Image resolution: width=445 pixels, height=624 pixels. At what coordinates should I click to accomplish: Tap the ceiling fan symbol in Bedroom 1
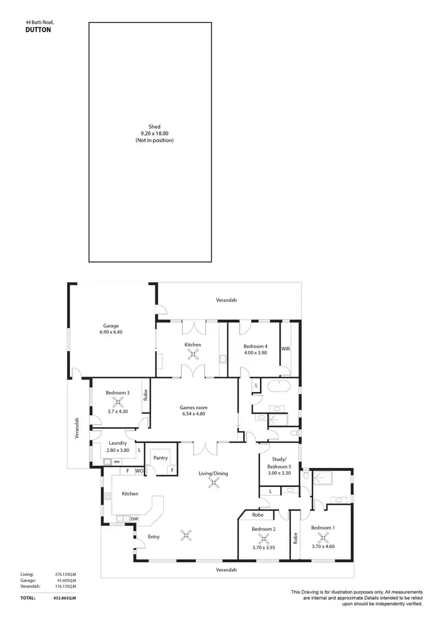323,539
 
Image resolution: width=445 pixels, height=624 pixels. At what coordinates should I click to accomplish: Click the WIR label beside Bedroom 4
285,349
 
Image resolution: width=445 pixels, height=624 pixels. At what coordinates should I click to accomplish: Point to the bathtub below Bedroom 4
279,388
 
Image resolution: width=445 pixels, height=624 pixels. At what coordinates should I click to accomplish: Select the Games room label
194,407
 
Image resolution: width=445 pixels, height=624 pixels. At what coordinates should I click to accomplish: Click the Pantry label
160,458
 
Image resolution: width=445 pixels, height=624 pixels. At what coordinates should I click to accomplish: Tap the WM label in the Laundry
117,461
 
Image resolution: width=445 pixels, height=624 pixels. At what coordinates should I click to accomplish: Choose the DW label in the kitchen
135,518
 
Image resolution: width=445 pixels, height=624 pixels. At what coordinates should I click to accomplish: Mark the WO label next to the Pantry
139,471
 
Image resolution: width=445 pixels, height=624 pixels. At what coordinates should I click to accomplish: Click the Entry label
154,537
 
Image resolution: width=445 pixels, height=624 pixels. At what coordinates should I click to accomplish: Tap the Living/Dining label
213,473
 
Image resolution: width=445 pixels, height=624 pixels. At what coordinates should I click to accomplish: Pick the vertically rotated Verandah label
77,428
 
